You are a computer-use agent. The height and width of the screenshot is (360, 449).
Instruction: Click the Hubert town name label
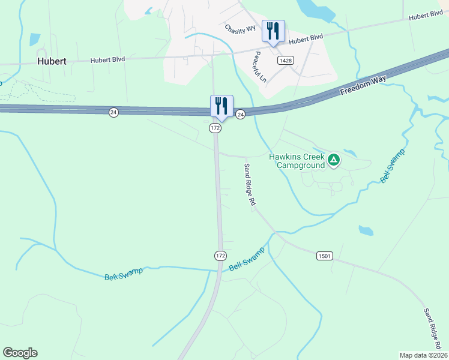[52, 61]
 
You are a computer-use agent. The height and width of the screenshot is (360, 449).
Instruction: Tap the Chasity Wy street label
[240, 28]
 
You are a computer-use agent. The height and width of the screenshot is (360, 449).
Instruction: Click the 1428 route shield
[285, 61]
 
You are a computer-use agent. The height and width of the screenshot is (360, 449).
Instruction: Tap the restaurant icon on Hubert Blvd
[273, 31]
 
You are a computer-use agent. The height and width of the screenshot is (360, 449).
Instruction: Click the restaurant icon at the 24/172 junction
[221, 106]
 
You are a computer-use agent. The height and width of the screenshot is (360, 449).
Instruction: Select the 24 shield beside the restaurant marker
[240, 114]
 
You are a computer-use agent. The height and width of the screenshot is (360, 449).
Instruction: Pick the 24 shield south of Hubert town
[113, 112]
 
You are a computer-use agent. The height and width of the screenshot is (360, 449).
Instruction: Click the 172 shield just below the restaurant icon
[215, 128]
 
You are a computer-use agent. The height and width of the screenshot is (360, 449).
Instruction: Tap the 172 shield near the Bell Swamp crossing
[220, 256]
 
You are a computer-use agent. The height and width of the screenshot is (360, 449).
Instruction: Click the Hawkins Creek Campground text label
[296, 160]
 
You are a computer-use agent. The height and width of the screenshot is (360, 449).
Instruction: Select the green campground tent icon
[334, 160]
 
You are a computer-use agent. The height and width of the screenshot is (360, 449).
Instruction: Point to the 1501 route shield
[324, 256]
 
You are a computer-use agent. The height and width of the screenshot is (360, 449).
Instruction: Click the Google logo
[20, 353]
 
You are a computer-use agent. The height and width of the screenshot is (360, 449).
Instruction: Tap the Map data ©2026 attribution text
[423, 355]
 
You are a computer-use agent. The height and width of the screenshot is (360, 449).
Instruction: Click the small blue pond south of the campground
[366, 230]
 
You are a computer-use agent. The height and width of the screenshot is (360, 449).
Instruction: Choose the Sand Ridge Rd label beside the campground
[250, 185]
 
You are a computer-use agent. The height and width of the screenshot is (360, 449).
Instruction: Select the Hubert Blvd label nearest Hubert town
[109, 60]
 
